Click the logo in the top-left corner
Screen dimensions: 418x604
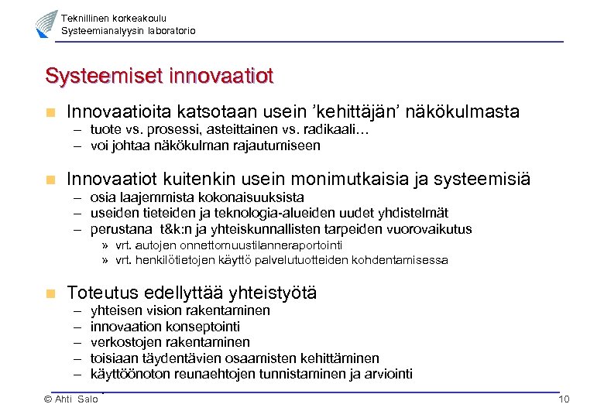[x=46, y=24]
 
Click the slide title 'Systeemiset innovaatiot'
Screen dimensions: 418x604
[x=160, y=77]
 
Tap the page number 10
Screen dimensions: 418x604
[x=563, y=399]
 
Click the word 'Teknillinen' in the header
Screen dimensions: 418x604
[x=85, y=18]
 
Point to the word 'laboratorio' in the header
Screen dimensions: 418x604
[x=169, y=31]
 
